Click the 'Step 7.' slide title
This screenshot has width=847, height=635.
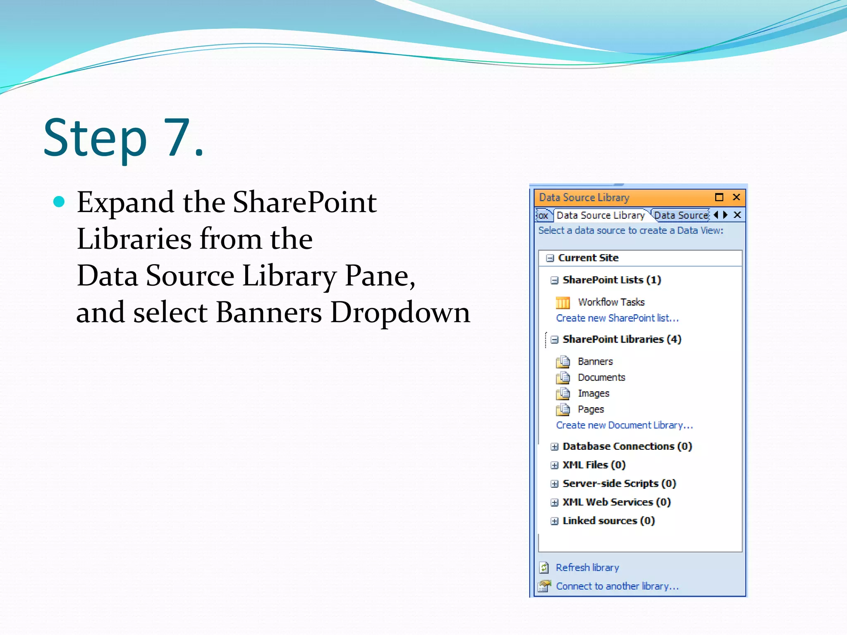pyautogui.click(x=124, y=138)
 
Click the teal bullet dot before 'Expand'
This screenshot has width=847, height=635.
pyautogui.click(x=60, y=201)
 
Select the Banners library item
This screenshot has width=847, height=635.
pyautogui.click(x=595, y=361)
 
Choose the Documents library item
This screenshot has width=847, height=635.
pyautogui.click(x=601, y=377)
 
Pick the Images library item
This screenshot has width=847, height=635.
pyautogui.click(x=593, y=393)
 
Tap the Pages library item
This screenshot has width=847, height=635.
pyautogui.click(x=591, y=409)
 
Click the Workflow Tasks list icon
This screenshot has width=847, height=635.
pyautogui.click(x=562, y=303)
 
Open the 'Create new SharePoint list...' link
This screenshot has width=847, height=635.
pyautogui.click(x=617, y=318)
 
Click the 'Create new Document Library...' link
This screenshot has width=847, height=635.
pyautogui.click(x=624, y=425)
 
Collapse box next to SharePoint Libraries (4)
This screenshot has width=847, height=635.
pyautogui.click(x=555, y=339)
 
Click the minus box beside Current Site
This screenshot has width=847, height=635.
pyautogui.click(x=550, y=258)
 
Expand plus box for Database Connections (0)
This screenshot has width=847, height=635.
pyautogui.click(x=555, y=446)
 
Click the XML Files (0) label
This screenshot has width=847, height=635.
pyautogui.click(x=594, y=465)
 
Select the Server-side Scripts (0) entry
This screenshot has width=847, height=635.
pyautogui.click(x=619, y=484)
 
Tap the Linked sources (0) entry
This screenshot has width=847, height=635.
pyautogui.click(x=608, y=521)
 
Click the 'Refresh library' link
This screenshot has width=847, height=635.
pyautogui.click(x=587, y=568)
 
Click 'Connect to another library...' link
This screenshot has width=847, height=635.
pyautogui.click(x=617, y=586)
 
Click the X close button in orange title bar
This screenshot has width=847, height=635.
pyautogui.click(x=736, y=197)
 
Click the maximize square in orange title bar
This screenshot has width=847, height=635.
pyautogui.click(x=719, y=197)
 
